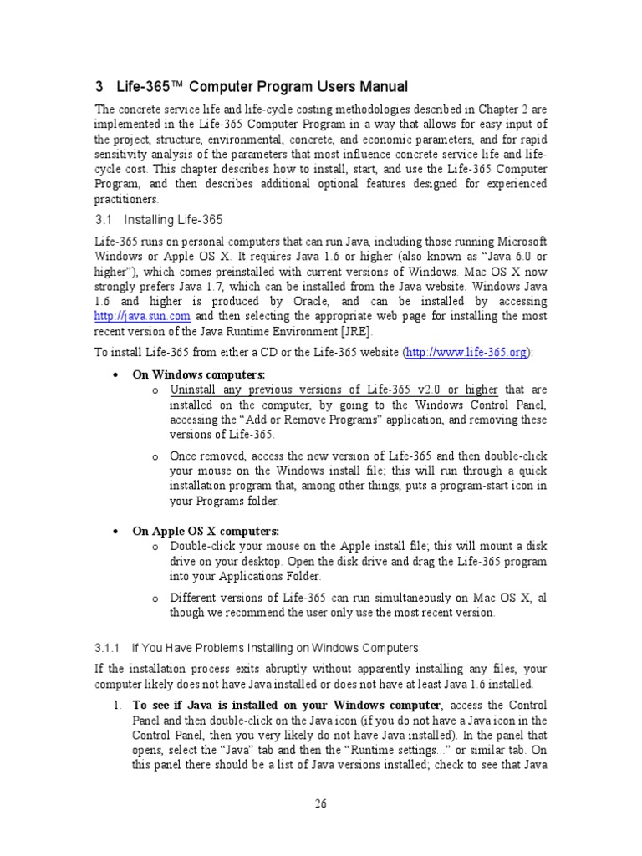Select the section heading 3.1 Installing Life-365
tap(158, 220)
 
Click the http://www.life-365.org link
tap(466, 353)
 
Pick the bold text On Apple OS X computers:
tap(206, 531)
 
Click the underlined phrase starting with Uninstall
tap(334, 390)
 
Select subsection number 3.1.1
tap(108, 648)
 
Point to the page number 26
tap(321, 803)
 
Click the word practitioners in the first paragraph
tap(125, 199)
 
